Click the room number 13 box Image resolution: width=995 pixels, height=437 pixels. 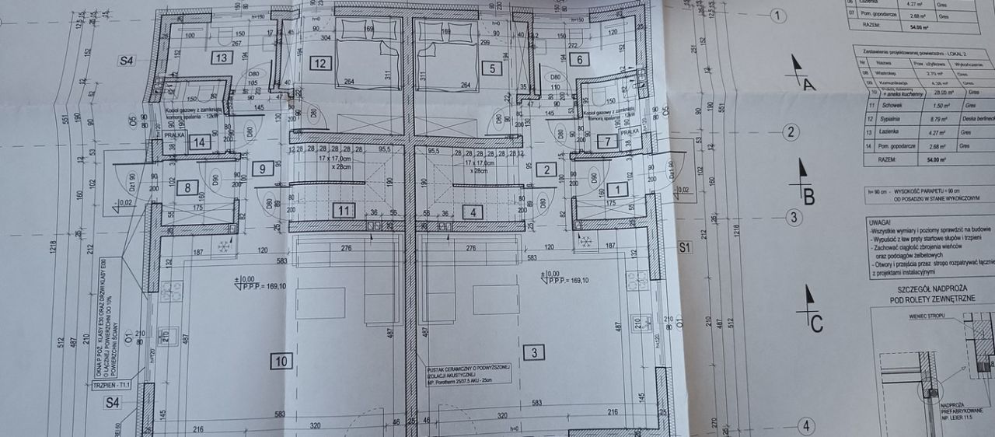click(x=222, y=58)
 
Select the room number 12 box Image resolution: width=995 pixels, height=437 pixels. click(x=320, y=64)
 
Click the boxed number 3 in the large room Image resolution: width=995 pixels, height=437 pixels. click(x=533, y=353)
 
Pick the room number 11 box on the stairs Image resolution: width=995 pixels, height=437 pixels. click(x=343, y=209)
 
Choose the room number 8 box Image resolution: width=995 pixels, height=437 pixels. click(x=187, y=187)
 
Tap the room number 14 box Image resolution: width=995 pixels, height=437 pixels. click(x=200, y=142)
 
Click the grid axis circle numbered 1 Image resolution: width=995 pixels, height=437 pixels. click(x=777, y=15)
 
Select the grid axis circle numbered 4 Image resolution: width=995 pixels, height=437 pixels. click(x=806, y=425)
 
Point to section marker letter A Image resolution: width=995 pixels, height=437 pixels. click(x=808, y=85)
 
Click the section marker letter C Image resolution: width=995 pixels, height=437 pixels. click(x=816, y=325)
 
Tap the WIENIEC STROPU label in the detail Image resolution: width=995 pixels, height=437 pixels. click(x=930, y=317)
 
